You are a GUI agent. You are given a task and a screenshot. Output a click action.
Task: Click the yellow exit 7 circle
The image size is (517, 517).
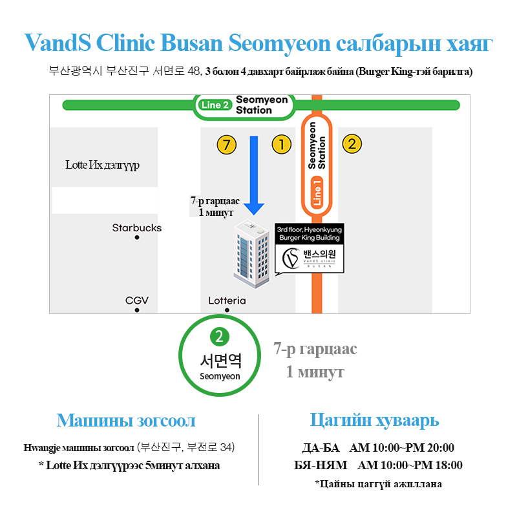[x=226, y=145]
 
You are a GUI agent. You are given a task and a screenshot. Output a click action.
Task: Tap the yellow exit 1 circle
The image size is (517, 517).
[x=281, y=144]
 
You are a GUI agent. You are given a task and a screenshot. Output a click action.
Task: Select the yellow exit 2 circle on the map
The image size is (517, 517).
[x=351, y=144]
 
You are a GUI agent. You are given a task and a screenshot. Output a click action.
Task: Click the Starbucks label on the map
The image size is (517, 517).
[x=137, y=227]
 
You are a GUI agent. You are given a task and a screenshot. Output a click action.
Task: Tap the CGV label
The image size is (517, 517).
[x=137, y=301]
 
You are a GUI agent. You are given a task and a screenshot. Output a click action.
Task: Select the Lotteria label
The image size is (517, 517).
[x=227, y=301]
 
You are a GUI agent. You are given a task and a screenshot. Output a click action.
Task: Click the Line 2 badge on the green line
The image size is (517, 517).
[x=215, y=105]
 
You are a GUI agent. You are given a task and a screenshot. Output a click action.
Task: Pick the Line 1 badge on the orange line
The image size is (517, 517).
[x=317, y=193]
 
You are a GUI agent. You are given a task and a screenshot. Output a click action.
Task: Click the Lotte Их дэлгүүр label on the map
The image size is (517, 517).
[x=103, y=165]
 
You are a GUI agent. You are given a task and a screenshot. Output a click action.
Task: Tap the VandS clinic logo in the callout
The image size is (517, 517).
[x=310, y=260]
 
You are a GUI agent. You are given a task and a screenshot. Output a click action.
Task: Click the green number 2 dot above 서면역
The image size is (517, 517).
[x=220, y=336]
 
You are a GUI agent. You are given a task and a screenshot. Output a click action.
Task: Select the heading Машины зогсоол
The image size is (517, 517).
[x=126, y=421]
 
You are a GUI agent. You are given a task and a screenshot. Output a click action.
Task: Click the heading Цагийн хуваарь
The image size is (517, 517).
[x=375, y=420]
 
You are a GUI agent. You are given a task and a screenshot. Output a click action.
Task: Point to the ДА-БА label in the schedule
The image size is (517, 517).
[x=321, y=448]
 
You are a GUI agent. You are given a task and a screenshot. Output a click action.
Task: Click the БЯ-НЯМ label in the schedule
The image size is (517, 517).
[x=321, y=465]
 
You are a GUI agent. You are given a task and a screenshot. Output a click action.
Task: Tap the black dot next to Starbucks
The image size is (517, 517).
[x=137, y=238]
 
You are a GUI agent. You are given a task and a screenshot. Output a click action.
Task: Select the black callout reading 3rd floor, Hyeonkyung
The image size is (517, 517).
[x=310, y=234]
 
